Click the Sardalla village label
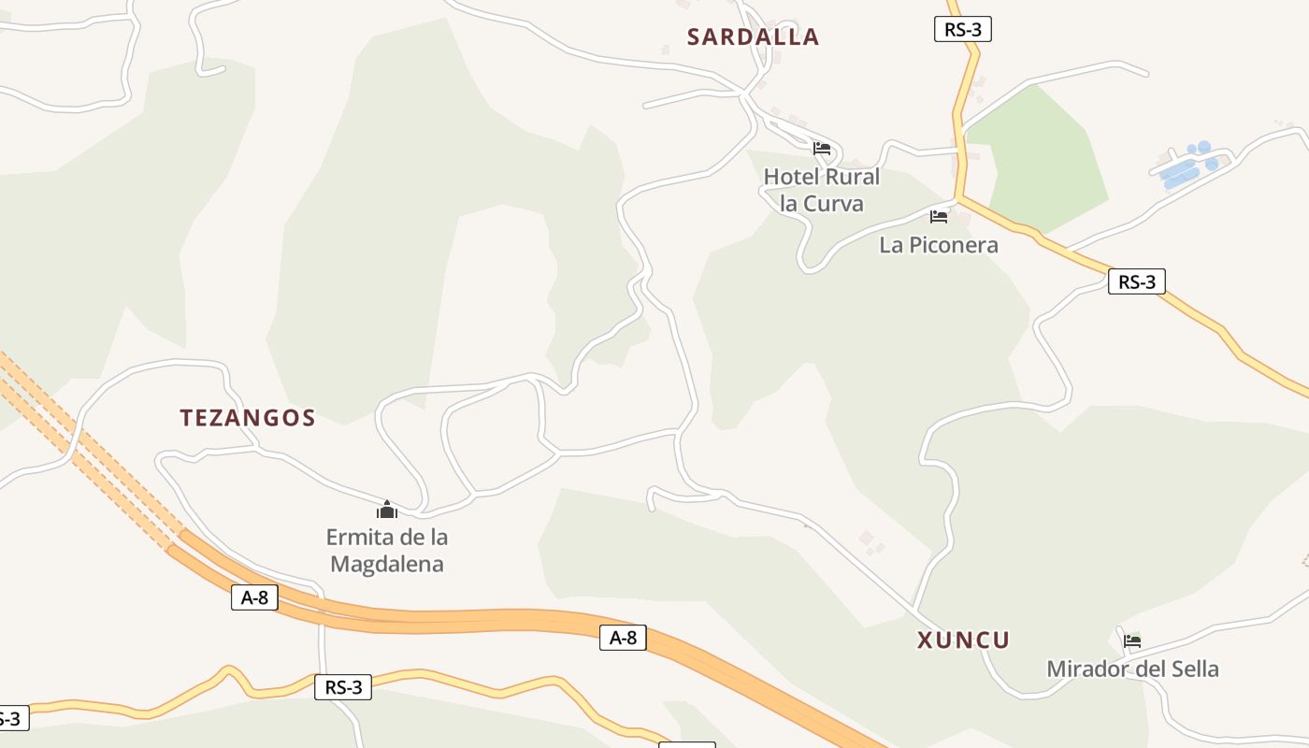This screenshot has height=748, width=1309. [x=753, y=37]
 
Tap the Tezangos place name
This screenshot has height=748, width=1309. [x=248, y=418]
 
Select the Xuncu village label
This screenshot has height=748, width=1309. [x=963, y=640]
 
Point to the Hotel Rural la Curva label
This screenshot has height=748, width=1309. [x=822, y=190]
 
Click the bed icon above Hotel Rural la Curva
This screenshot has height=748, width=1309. [x=822, y=148]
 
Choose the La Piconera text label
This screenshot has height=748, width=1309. [x=939, y=245]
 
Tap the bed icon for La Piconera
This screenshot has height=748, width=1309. [x=939, y=217]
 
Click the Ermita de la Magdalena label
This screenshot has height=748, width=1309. [x=387, y=551]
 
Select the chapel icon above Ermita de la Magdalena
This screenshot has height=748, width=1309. [x=387, y=510]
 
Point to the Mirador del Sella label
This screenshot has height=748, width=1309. [x=1132, y=669]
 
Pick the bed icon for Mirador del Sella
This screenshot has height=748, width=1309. [x=1132, y=640]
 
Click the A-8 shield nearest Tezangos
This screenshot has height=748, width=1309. [x=254, y=597]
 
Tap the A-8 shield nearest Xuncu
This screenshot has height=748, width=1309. [x=623, y=638]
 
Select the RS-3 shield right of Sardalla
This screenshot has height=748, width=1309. [x=962, y=29]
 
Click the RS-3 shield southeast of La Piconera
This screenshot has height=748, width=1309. [x=1136, y=281]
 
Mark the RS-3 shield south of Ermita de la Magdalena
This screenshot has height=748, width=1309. [x=343, y=687]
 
